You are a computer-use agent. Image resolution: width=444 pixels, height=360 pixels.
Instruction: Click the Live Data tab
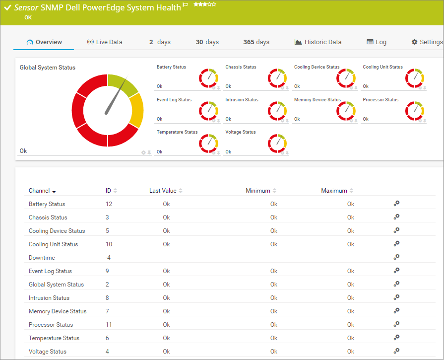(x=105, y=42)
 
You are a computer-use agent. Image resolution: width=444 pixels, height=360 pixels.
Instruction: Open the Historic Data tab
(x=318, y=42)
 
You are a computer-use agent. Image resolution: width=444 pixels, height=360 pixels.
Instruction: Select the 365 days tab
(x=256, y=42)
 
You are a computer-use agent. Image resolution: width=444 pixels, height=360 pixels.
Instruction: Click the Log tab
(x=377, y=42)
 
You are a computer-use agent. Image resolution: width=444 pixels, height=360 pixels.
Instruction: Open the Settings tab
(x=427, y=42)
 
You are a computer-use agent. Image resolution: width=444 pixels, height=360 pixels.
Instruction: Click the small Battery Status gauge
(x=209, y=78)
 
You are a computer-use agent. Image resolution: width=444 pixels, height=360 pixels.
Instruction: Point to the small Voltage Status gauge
(x=277, y=143)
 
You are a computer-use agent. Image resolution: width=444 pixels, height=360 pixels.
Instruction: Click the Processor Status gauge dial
(x=415, y=111)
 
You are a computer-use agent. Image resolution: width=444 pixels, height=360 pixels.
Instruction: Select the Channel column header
(x=39, y=191)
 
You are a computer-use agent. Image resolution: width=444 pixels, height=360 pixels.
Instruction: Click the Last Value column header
(x=163, y=191)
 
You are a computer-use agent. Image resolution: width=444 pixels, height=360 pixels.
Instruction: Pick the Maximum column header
(x=334, y=191)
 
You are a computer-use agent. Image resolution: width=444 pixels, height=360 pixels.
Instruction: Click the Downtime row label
(x=42, y=258)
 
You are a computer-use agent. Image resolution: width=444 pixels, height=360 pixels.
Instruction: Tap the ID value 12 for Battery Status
(x=109, y=204)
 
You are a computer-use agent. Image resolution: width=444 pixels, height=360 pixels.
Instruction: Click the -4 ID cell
(x=108, y=258)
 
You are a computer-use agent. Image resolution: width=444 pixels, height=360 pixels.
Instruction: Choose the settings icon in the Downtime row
(x=396, y=257)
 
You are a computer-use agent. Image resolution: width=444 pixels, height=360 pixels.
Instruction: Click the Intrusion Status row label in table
(x=49, y=298)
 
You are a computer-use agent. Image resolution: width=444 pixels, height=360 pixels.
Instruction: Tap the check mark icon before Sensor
(x=7, y=7)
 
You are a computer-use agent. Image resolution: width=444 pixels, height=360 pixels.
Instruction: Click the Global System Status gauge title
(x=48, y=67)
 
